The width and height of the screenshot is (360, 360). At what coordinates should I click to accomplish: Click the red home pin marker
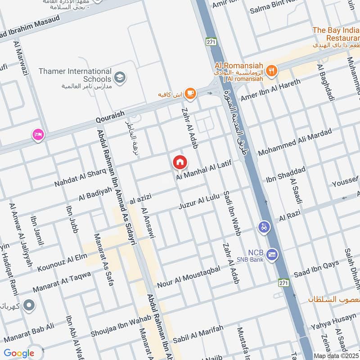[x=180, y=162]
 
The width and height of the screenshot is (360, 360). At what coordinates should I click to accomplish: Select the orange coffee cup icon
[x=190, y=93]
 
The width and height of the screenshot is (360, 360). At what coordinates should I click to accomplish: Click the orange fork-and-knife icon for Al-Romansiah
[x=270, y=70]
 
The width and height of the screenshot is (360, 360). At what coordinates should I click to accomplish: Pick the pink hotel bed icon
[x=38, y=134]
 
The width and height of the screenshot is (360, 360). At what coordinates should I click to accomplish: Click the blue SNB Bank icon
[x=272, y=255]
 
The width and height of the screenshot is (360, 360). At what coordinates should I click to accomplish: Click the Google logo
[x=19, y=353]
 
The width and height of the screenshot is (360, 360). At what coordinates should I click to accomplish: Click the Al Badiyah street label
[x=95, y=194]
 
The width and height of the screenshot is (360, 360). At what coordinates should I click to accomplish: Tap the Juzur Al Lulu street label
[x=198, y=202]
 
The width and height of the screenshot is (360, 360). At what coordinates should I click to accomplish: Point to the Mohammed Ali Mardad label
[x=295, y=142]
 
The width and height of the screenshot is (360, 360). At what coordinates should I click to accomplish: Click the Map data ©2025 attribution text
[x=336, y=355]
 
